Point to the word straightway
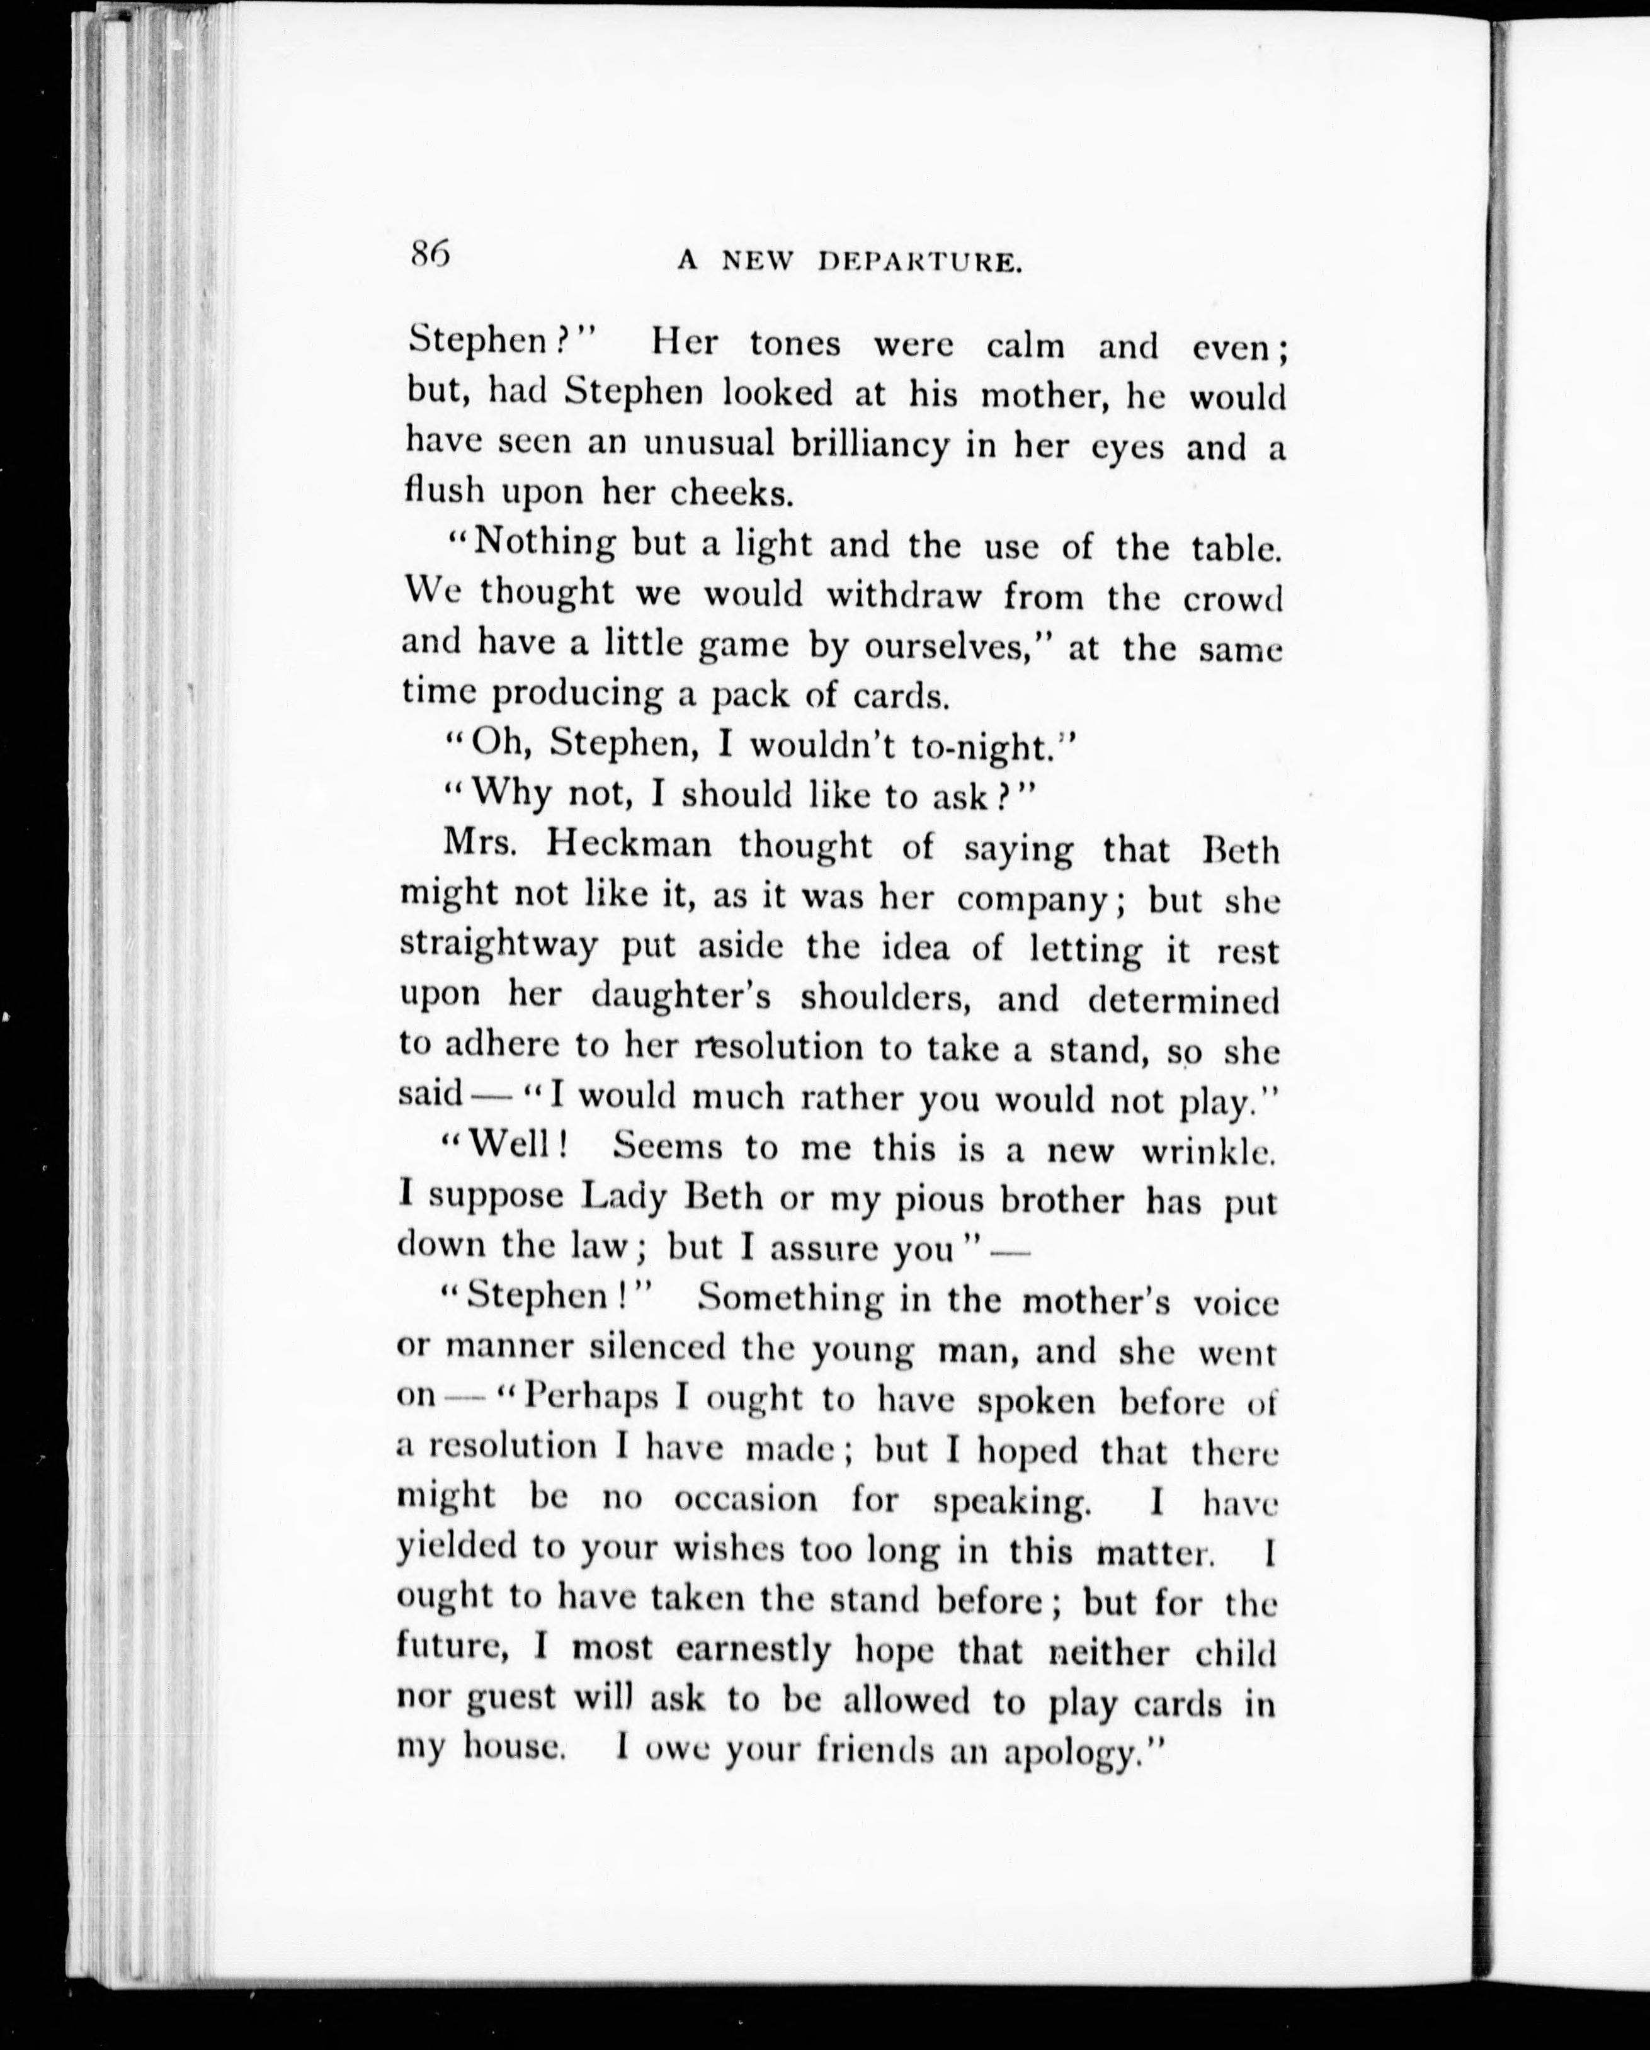tap(498, 945)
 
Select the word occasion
tap(744, 1500)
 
